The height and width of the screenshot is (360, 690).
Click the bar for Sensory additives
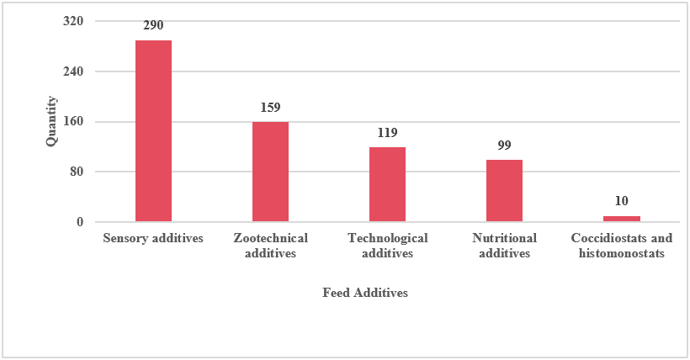tap(153, 131)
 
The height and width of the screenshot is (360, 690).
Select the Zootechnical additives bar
tap(270, 172)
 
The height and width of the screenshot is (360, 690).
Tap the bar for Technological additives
tap(387, 185)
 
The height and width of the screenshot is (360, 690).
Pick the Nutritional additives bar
tap(504, 191)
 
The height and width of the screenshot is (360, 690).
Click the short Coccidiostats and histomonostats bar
tap(621, 219)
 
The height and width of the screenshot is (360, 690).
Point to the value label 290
tap(153, 26)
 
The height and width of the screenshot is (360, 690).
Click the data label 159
tap(270, 108)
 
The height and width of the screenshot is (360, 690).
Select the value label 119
tap(387, 133)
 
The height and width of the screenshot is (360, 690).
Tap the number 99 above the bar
tap(504, 146)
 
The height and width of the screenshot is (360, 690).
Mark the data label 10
tap(621, 202)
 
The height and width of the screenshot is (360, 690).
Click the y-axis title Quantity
tap(51, 122)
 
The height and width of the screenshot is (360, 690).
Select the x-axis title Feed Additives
tap(365, 293)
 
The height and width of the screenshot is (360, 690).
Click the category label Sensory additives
tap(153, 238)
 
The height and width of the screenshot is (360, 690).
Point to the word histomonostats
tap(622, 254)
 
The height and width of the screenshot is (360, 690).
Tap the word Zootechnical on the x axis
tap(270, 238)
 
